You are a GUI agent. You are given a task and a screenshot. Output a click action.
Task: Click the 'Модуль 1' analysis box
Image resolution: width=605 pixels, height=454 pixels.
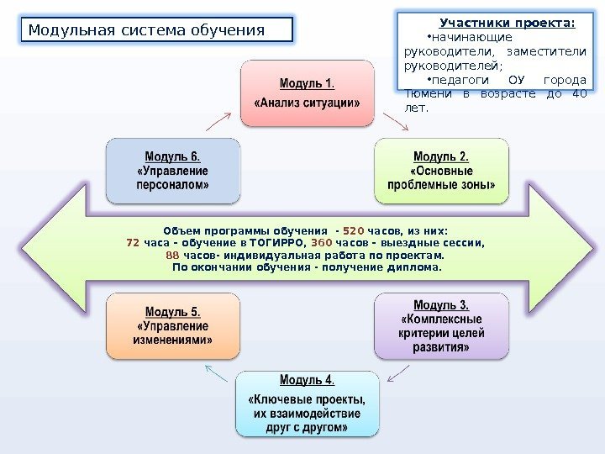[x=308, y=92]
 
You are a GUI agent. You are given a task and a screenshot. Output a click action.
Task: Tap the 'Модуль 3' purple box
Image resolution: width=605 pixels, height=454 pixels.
[x=441, y=325]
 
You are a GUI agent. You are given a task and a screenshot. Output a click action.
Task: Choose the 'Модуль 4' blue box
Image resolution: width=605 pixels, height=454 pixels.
[x=307, y=403]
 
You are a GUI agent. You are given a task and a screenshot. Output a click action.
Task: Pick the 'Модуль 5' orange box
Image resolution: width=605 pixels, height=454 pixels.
[x=172, y=325]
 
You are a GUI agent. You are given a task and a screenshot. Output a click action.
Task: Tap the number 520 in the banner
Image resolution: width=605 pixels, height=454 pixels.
[x=354, y=230]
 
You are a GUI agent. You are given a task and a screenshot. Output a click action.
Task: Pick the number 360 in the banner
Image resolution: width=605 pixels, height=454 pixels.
[x=322, y=243]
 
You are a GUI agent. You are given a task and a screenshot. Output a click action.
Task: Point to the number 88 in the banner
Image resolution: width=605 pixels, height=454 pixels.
[x=172, y=255]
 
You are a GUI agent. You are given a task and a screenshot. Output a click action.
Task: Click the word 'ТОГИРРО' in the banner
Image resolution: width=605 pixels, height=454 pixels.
[x=261, y=243]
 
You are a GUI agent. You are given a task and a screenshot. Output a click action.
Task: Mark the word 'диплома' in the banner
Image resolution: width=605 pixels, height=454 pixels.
[x=411, y=267]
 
